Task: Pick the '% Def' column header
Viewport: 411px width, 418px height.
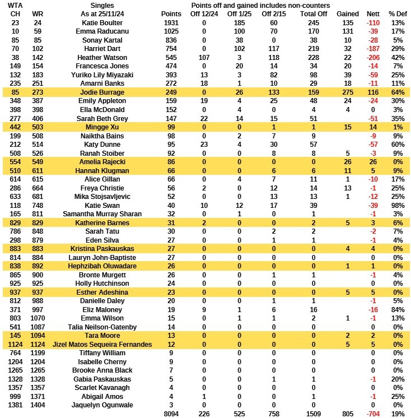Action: point(398,13)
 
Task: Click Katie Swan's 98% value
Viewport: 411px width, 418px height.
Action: point(398,205)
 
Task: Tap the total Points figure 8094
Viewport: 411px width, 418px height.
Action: point(171,414)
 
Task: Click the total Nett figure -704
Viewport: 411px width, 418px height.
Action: point(371,414)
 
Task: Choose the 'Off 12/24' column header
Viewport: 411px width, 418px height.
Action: point(204,13)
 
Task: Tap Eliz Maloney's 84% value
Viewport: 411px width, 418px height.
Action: point(398,309)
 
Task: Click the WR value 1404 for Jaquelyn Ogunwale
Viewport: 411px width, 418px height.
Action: point(38,405)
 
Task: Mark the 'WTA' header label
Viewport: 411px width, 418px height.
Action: point(15,5)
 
